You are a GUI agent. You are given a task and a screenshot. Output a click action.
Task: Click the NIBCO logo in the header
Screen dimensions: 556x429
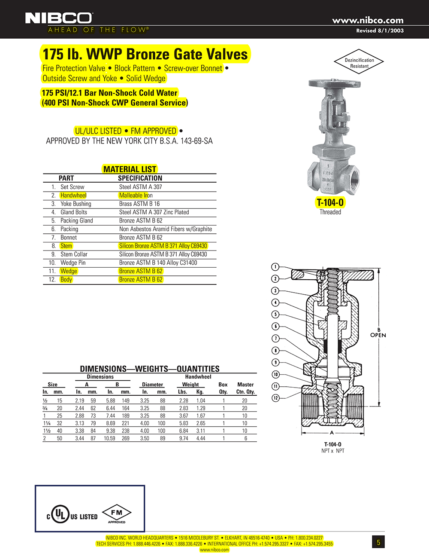59,18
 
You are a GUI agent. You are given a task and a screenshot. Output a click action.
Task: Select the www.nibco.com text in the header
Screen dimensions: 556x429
368,20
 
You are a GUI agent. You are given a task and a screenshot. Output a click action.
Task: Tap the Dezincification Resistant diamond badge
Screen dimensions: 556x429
359,63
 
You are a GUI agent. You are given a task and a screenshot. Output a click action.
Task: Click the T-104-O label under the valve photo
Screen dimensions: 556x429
330,203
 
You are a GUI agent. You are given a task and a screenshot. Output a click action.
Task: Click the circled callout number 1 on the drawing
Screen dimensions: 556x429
275,267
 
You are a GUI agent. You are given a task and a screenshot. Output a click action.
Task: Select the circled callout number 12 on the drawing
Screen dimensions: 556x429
275,398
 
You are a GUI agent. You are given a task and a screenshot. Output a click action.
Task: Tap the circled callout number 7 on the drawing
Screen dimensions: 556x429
275,339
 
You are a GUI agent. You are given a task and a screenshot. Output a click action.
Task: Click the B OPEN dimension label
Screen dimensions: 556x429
378,333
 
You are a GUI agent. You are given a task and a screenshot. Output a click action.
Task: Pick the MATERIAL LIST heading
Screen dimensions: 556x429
130,169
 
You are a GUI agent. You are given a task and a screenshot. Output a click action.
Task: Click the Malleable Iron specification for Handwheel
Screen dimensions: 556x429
136,196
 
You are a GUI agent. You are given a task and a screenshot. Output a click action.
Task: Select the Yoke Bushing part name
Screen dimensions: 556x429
76,204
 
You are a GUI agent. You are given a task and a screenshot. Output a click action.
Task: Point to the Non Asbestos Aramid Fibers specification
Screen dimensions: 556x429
165,229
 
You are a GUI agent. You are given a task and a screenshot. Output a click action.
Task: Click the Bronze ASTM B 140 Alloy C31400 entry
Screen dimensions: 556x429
158,263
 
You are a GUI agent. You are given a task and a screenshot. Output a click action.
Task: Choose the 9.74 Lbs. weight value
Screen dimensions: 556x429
183,438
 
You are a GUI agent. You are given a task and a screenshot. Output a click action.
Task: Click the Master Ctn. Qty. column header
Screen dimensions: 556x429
245,388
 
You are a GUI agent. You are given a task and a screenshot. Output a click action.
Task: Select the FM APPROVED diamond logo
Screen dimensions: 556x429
117,513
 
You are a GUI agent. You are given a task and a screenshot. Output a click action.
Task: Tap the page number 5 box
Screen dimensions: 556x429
378,542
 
